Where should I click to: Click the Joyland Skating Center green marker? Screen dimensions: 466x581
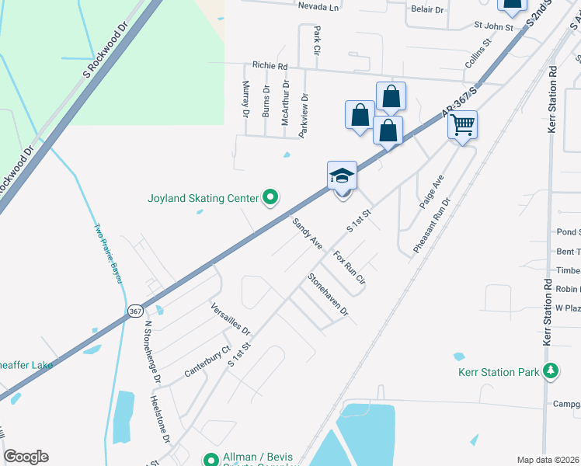tap(270, 199)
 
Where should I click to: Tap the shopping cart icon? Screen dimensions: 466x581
tap(462, 124)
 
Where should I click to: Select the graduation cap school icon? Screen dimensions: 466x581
tap(342, 176)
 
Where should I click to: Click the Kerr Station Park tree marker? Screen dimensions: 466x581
tap(551, 372)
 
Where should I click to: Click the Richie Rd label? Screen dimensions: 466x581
tap(269, 66)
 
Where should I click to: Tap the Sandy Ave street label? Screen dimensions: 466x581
tap(308, 233)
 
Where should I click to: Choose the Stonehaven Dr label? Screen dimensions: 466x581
tap(328, 294)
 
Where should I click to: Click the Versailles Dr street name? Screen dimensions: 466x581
tap(230, 319)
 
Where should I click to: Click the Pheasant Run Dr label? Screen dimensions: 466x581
tap(432, 224)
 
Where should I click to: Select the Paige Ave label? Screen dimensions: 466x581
tap(431, 191)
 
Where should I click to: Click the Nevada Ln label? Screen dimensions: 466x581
tap(318, 7)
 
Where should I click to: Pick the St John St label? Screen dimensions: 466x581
tap(494, 26)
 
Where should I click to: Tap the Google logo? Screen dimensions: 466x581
tap(26, 457)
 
